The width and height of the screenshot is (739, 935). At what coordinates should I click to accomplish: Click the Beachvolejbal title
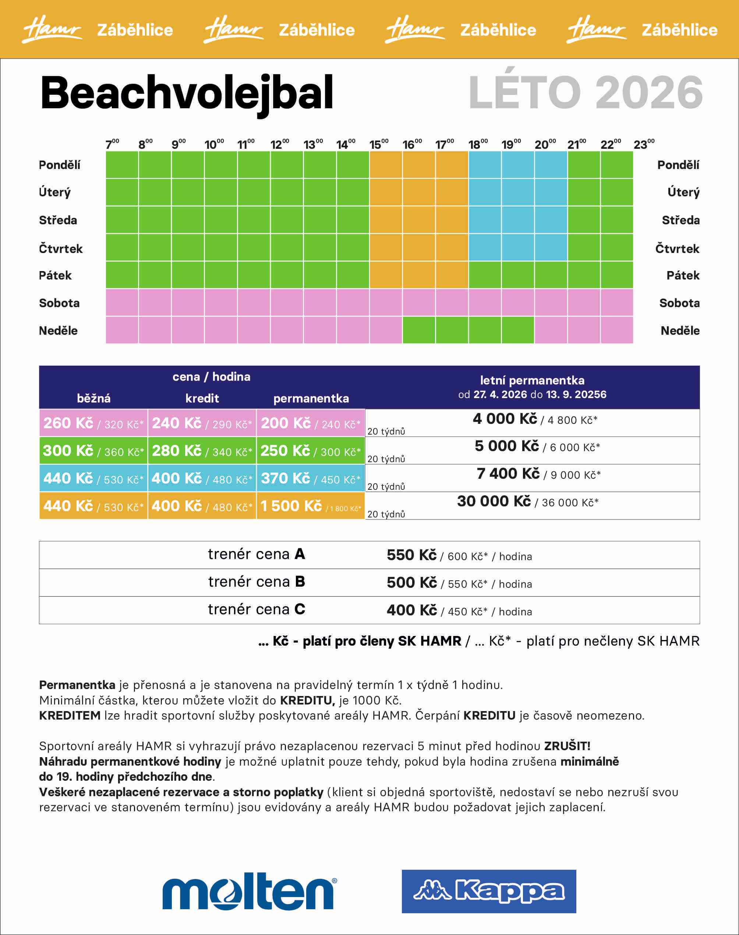187,93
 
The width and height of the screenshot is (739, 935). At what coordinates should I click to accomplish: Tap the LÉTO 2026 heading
586,93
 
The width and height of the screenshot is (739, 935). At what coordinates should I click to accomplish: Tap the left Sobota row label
59,303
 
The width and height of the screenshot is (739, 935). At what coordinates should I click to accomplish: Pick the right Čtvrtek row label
677,249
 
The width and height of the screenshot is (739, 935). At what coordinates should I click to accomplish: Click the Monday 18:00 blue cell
485,165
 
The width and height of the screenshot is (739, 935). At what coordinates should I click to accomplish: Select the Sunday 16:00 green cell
419,330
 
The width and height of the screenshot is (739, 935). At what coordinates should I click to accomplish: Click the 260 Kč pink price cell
93,423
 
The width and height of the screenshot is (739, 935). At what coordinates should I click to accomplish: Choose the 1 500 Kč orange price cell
311,506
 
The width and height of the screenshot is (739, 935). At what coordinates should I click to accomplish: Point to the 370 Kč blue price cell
311,478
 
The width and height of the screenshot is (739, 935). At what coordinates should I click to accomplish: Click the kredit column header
202,398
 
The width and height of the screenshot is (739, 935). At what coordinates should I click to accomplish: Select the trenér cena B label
257,582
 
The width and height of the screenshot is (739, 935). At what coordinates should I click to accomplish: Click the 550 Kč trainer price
411,555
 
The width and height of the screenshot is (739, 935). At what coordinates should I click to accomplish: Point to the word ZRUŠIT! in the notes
567,746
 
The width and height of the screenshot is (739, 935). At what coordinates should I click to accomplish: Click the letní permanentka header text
532,380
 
